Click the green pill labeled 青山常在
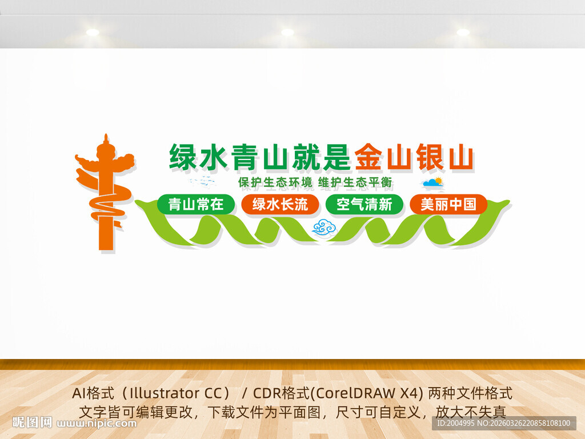point(196,204)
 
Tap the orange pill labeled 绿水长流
point(280,204)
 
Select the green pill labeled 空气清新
point(364,204)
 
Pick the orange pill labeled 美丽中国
point(448,204)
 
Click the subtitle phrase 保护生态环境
point(275,183)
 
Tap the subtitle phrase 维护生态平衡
point(355,183)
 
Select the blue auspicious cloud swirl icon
point(324,228)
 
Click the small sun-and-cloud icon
point(433,183)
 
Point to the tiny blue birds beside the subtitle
point(203,182)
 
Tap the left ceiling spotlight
point(93,33)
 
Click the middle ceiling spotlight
point(287,33)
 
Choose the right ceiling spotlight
point(463,33)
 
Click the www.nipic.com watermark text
point(97,424)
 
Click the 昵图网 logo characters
point(33,422)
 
